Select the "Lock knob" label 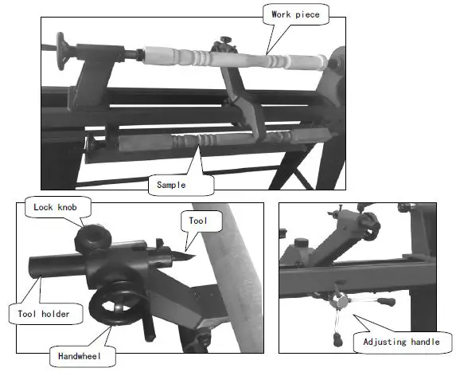(x=54, y=208)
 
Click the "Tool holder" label (x=45, y=313)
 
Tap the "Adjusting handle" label (x=400, y=343)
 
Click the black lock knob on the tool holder (x=92, y=237)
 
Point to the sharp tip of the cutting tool (x=191, y=253)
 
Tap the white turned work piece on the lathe (x=239, y=58)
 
